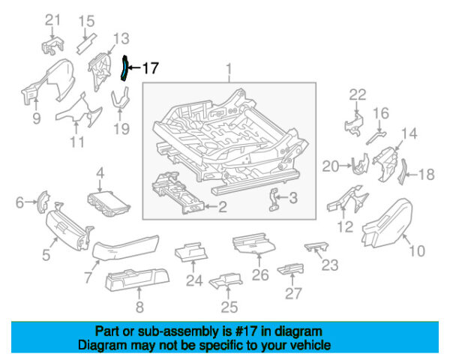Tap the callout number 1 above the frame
click(x=229, y=72)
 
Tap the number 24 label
click(x=194, y=281)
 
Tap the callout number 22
click(x=358, y=94)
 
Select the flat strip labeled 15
click(x=87, y=40)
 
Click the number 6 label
click(x=20, y=201)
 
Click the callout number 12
click(x=345, y=226)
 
